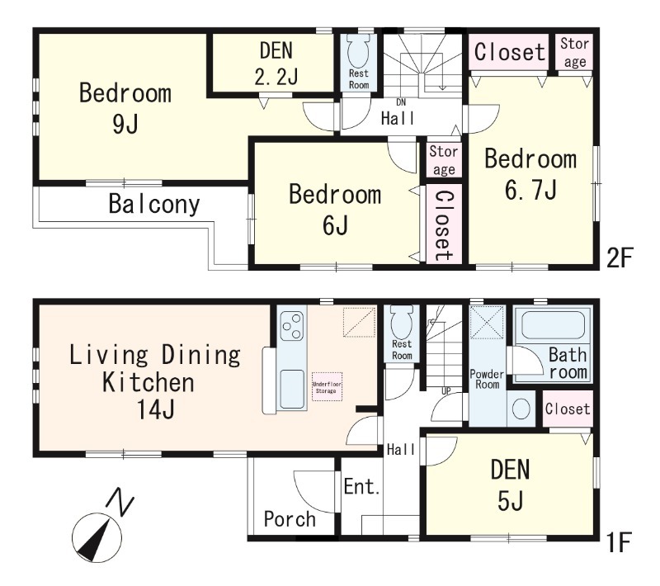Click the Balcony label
click(154, 204)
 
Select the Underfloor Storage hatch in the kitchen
click(327, 387)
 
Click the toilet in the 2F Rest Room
click(358, 50)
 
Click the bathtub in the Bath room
click(553, 327)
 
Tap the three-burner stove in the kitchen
click(291, 326)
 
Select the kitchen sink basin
click(292, 389)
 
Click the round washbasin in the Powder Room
click(521, 409)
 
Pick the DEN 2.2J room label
click(276, 64)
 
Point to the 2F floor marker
click(620, 258)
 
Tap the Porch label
click(290, 519)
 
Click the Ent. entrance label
click(362, 487)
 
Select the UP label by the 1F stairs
click(445, 391)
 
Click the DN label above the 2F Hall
click(401, 102)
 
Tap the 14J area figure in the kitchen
click(155, 409)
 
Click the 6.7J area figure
click(530, 190)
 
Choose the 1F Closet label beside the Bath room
click(568, 409)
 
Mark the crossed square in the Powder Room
click(487, 323)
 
